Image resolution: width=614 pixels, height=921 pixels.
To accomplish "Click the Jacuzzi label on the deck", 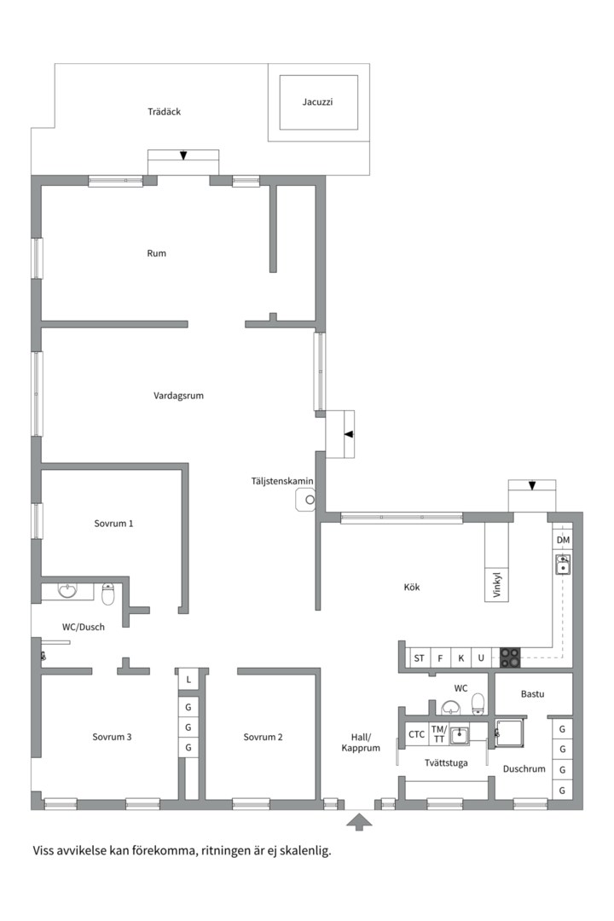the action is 317,102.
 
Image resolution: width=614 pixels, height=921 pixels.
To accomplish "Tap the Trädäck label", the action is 164,112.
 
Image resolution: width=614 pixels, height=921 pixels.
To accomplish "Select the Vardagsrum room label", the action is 178,396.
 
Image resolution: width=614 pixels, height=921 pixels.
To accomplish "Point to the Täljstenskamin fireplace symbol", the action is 306,500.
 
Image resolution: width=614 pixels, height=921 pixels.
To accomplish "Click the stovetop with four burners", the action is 510,657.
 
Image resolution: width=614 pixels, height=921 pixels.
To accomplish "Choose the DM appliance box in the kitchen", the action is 563,540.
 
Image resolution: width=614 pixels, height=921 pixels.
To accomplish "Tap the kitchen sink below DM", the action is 563,564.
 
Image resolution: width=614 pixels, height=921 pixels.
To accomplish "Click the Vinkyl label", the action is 497,585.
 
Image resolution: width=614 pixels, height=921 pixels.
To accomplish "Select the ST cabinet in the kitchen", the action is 419,657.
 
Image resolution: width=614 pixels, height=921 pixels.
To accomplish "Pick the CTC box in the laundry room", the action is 416,734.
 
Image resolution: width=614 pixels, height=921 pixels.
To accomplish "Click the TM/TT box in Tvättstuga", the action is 439,734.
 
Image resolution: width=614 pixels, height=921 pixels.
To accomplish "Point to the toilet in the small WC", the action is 478,704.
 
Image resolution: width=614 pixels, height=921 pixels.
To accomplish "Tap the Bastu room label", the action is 532,694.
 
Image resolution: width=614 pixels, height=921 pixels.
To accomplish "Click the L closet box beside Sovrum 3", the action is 188,680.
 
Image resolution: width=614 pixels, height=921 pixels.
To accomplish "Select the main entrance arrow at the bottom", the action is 359,822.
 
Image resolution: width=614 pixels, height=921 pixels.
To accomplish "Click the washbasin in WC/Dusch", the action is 67,590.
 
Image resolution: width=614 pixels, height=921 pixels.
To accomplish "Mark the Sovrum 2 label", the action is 264,737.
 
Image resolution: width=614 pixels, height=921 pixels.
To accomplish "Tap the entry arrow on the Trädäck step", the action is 183,156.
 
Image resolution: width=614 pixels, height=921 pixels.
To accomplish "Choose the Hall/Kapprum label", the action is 361,743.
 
